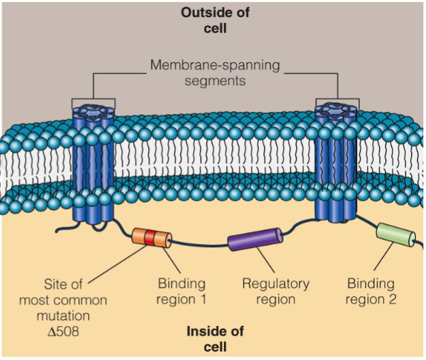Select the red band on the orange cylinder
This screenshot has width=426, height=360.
[150, 238]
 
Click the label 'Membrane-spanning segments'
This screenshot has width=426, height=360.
[215, 73]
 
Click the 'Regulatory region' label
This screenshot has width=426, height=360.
[276, 292]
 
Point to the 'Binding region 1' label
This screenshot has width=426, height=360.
[182, 292]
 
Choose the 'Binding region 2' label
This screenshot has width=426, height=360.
[371, 292]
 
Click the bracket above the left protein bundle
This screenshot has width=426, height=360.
[93, 99]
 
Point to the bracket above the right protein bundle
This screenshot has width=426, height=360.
[337, 99]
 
